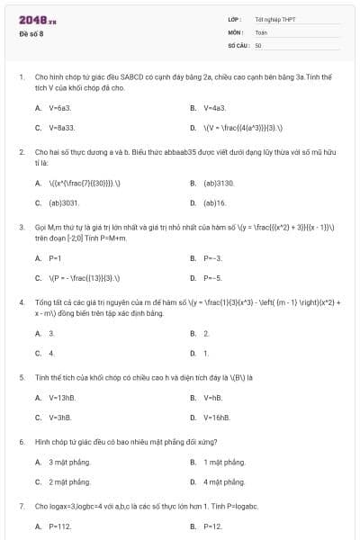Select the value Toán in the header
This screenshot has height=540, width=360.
pyautogui.click(x=261, y=31)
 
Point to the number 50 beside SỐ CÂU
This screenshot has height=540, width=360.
pyautogui.click(x=258, y=44)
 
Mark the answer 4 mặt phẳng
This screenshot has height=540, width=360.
pyautogui.click(x=224, y=481)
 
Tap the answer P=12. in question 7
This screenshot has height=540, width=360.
pyautogui.click(x=212, y=526)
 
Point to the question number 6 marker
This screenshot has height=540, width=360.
pyautogui.click(x=21, y=442)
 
